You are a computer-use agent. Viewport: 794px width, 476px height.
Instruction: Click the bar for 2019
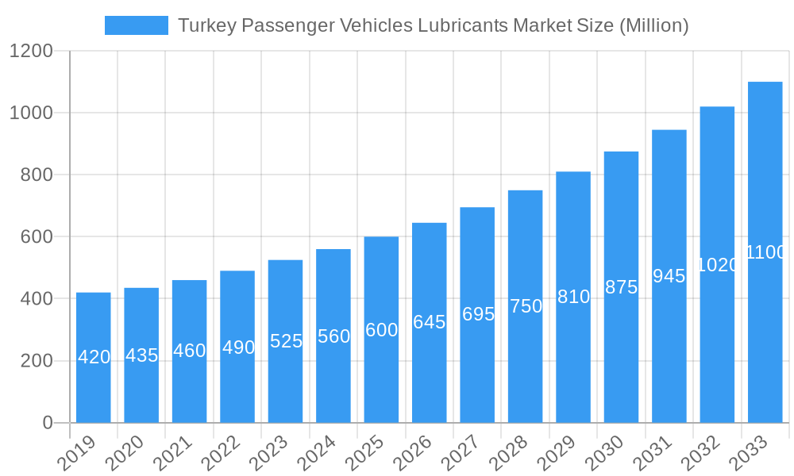tap(94, 357)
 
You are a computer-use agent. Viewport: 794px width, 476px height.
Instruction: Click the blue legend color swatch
tap(136, 25)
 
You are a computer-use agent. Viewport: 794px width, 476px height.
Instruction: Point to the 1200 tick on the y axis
tap(31, 52)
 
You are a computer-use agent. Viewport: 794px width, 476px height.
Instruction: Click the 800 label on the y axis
tap(37, 175)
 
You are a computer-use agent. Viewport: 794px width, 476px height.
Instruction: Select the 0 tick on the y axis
tap(48, 423)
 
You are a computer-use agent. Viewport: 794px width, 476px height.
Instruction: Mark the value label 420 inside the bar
tap(94, 357)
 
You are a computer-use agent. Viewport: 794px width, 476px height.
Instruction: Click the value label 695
tap(477, 314)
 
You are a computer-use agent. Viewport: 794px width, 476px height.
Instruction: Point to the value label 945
tap(669, 276)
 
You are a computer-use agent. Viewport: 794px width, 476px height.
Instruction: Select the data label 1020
tap(717, 265)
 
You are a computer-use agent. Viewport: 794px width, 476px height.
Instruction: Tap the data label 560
tap(333, 336)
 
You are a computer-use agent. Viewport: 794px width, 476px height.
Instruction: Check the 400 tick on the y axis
tap(37, 299)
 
